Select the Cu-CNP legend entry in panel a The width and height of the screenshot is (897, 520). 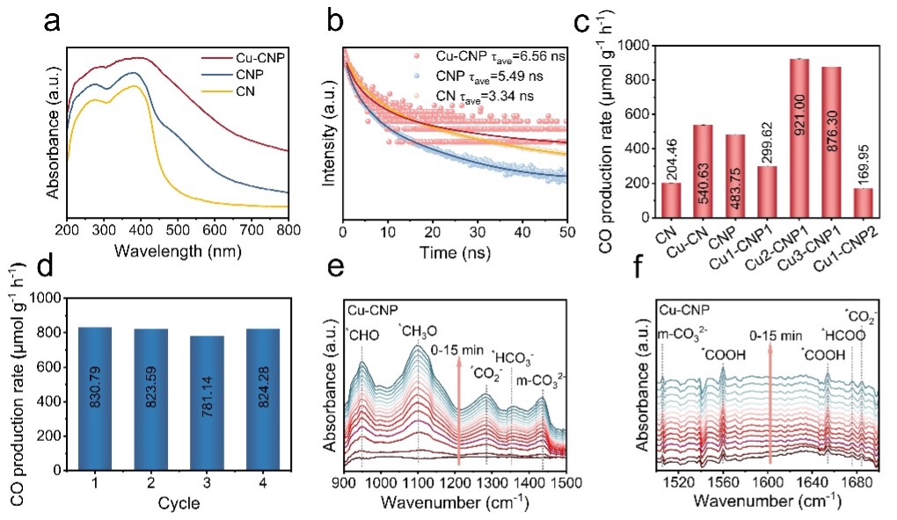tap(247, 59)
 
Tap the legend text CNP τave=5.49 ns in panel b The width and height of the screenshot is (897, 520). tap(474, 76)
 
